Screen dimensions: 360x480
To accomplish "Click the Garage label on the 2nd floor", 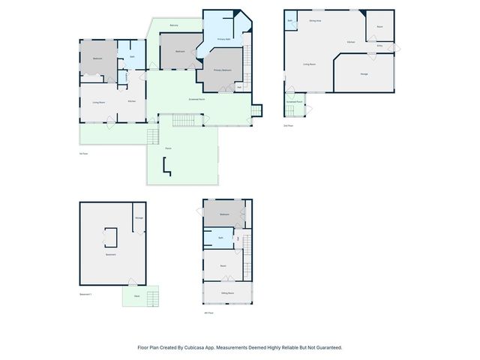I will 364,73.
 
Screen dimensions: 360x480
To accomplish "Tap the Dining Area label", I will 315,21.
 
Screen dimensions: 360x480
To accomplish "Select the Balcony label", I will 174,25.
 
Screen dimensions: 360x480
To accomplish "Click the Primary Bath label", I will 223,38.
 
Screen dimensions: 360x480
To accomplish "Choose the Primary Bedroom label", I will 222,70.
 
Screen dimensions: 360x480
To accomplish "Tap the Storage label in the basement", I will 139,218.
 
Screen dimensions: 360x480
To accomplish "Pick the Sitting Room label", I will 227,292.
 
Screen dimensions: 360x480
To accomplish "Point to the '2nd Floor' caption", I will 288,125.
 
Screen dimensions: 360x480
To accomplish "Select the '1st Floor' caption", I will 83,154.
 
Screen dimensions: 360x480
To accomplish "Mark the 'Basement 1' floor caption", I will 85,295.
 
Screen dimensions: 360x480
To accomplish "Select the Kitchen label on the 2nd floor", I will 351,42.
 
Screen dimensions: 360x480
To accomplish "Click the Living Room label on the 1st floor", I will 97,101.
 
